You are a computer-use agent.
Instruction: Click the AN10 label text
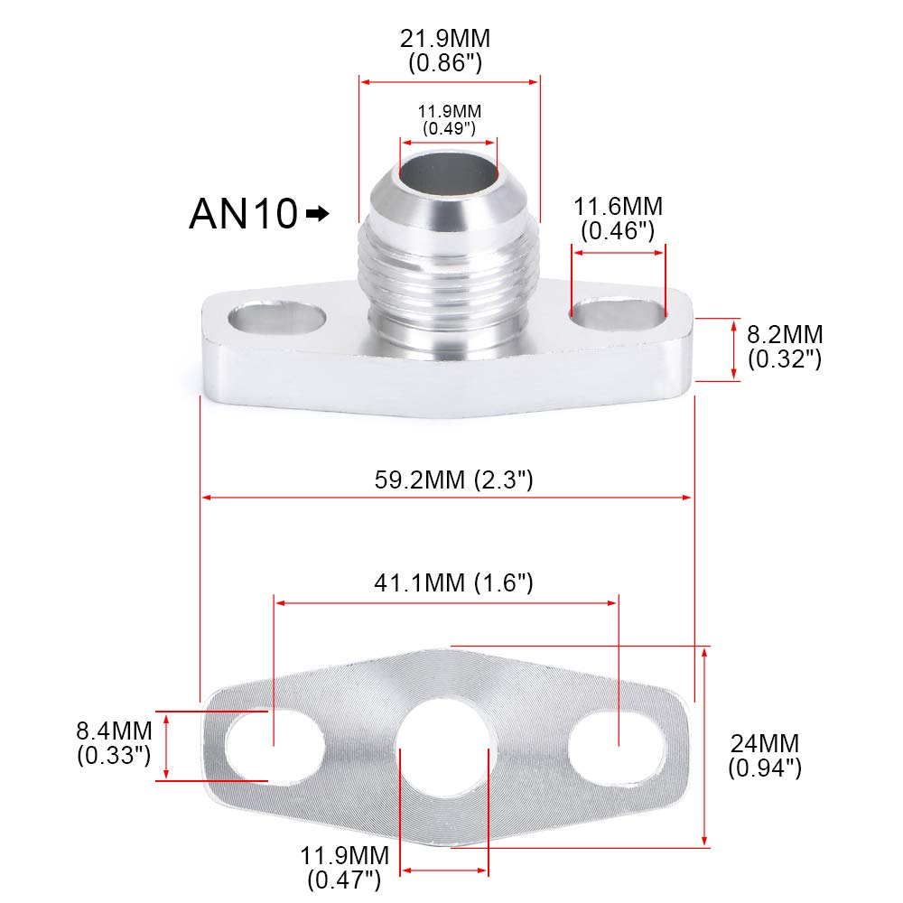pyautogui.click(x=242, y=214)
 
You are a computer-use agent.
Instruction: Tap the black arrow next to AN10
pyautogui.click(x=318, y=214)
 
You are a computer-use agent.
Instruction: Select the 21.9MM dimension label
pyautogui.click(x=449, y=51)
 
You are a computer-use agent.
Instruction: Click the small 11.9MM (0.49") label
pyautogui.click(x=449, y=119)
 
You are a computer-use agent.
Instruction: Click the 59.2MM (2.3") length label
pyautogui.click(x=454, y=479)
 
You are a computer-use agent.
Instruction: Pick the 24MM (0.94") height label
pyautogui.click(x=764, y=756)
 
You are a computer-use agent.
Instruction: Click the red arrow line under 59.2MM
pyautogui.click(x=447, y=497)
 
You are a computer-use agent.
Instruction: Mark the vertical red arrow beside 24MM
pyautogui.click(x=705, y=747)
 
